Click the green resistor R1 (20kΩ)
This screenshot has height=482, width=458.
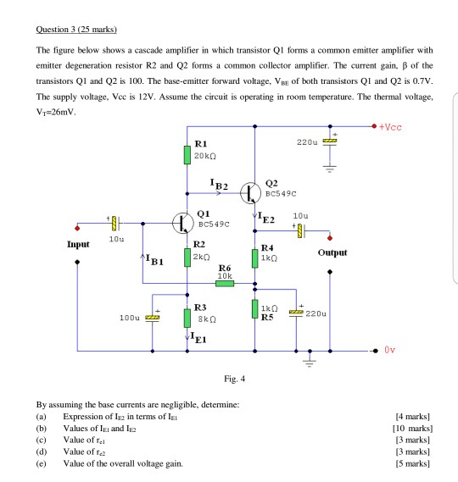187,154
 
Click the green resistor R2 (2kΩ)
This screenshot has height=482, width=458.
187,256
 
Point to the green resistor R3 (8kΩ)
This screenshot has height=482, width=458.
187,317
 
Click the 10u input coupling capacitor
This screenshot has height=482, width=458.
115,224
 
